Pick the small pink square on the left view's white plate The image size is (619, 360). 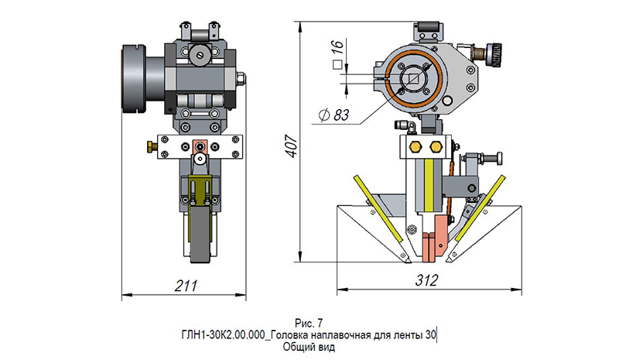200,146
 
